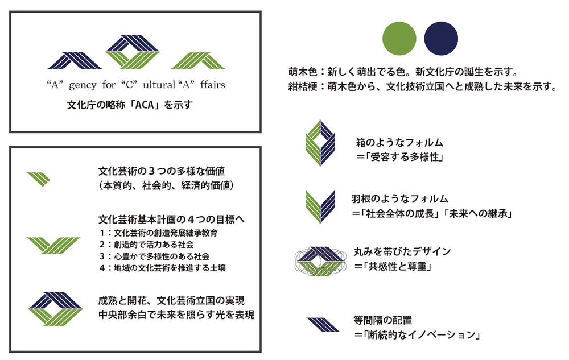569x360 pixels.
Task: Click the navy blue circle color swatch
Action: point(441,39)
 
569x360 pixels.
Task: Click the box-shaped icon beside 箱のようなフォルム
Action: point(320,143)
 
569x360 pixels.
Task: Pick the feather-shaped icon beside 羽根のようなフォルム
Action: point(320,206)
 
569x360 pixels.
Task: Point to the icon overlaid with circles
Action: point(320,261)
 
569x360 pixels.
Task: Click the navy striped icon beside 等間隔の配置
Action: point(323,324)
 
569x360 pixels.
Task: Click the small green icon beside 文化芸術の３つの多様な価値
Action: point(39,179)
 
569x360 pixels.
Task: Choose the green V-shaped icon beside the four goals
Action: point(53,245)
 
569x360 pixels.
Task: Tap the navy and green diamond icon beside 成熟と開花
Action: point(56,308)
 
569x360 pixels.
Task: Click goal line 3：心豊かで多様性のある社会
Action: point(154,256)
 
